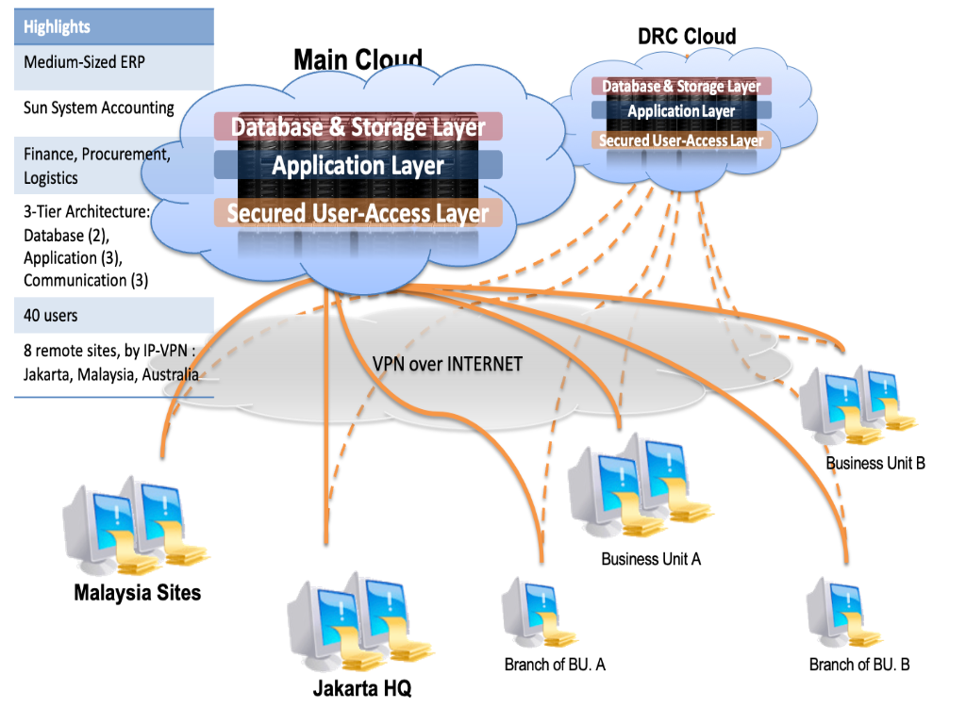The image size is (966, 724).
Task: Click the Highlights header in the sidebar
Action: pos(58,26)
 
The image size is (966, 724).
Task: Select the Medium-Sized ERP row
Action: pos(85,63)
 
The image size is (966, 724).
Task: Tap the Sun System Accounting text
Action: pos(99,107)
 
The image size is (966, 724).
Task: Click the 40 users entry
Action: pos(51,316)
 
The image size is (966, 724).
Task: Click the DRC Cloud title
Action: pos(687,37)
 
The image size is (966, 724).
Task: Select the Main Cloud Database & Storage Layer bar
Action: pos(358,126)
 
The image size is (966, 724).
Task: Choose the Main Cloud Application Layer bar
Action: pos(358,166)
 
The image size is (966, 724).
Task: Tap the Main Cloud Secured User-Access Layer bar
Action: pos(358,213)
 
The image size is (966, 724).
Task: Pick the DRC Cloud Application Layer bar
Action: pos(681,111)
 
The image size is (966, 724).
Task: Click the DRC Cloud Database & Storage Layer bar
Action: pos(681,87)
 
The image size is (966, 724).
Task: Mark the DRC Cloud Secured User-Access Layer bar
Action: pos(681,140)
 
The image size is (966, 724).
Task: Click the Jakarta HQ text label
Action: pos(362,689)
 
